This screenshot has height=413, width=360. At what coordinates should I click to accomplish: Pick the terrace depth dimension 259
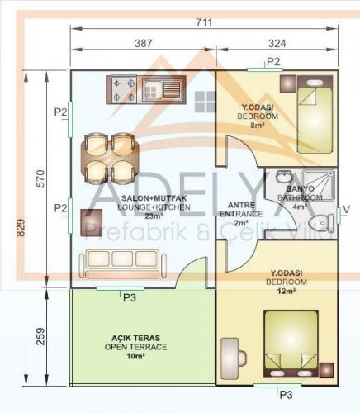pos(31,336)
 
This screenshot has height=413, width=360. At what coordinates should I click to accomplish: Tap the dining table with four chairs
pos(110,158)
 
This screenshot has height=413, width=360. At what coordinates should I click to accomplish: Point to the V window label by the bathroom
pos(346,208)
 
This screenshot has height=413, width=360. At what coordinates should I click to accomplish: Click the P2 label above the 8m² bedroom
pos(274,61)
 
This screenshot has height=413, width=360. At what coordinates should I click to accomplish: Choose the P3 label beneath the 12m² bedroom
pos(286,395)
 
